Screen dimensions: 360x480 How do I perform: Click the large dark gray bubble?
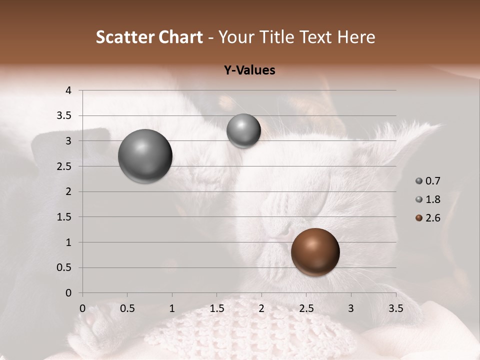tap(145, 156)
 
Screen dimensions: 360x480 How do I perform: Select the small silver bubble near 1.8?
tap(243, 131)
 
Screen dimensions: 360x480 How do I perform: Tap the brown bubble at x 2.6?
tap(315, 252)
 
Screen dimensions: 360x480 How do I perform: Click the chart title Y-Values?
tap(249, 70)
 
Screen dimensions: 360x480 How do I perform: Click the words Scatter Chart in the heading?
tap(149, 37)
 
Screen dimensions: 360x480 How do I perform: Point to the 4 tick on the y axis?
tap(69, 90)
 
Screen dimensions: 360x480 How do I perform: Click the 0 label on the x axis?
tap(82, 308)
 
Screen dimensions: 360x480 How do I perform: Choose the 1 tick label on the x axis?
tap(172, 308)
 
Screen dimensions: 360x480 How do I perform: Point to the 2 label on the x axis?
tap(261, 308)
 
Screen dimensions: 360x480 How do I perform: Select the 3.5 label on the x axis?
tap(395, 308)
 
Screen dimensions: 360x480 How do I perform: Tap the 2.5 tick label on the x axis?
tap(306, 308)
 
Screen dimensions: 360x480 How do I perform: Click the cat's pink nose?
tap(283, 231)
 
